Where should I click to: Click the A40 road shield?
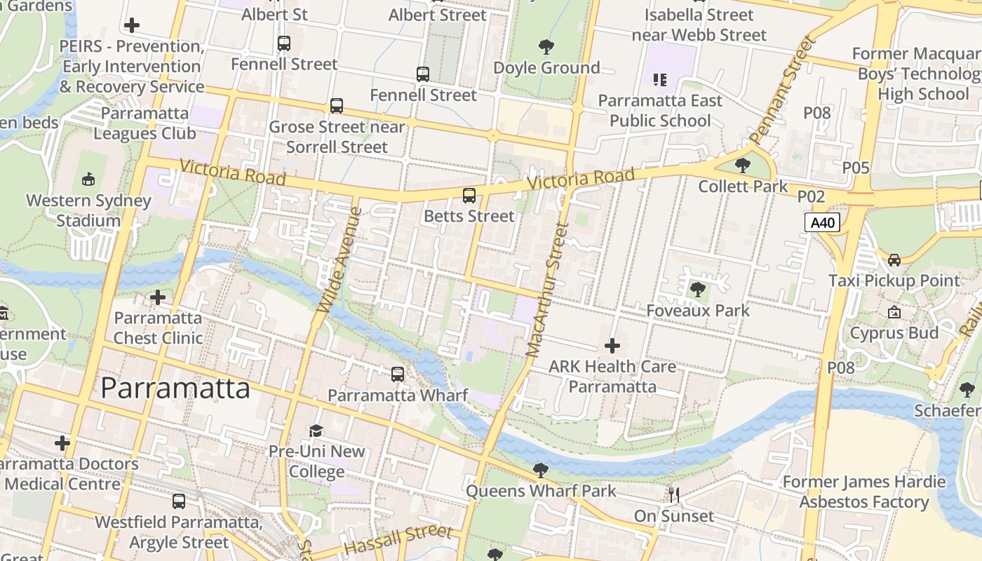(822, 223)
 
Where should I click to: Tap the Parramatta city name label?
(175, 388)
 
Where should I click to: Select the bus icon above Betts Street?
(469, 196)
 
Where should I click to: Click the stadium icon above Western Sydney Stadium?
(88, 180)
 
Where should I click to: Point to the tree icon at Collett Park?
(743, 166)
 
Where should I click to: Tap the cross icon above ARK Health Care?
(612, 346)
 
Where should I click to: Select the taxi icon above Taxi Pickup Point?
(894, 260)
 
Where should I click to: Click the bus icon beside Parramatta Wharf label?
(398, 374)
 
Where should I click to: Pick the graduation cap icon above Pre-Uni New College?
(316, 431)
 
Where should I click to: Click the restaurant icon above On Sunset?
(674, 496)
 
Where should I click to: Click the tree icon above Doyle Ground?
(546, 48)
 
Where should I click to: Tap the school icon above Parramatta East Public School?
(659, 80)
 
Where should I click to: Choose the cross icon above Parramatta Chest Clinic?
(158, 298)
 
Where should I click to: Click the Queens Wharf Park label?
(541, 491)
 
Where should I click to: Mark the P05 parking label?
(856, 168)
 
